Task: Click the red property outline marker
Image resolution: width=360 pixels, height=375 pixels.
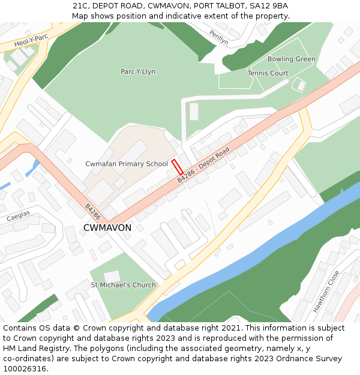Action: point(177,166)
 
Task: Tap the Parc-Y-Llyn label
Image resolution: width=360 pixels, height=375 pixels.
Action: point(138,71)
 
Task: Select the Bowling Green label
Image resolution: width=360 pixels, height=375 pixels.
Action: point(291,59)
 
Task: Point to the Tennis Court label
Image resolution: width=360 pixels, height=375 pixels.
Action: point(268,73)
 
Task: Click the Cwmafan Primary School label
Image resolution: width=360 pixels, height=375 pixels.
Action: point(127,164)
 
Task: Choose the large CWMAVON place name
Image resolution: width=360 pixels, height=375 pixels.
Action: point(107,228)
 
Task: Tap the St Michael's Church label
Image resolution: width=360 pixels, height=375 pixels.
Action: point(123,285)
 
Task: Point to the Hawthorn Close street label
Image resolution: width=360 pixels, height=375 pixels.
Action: point(325,291)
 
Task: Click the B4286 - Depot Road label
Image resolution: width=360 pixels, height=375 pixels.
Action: point(203,166)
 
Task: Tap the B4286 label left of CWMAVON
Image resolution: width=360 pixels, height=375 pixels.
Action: point(92,211)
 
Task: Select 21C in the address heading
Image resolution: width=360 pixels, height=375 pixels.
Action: point(80,6)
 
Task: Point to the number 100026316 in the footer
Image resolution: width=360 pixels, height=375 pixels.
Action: point(25,368)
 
